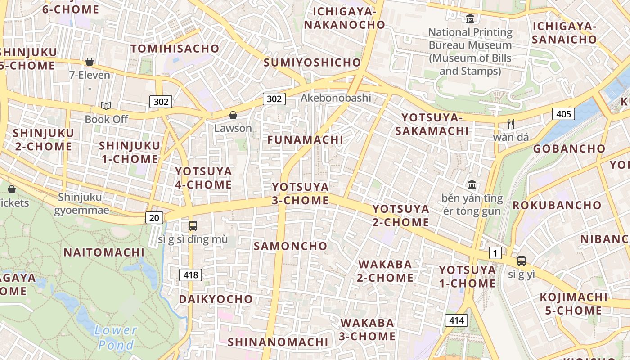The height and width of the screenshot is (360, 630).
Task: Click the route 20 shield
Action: coord(154,218)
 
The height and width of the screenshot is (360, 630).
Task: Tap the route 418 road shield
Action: coord(190,274)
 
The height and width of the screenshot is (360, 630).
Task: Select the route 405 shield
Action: coord(563,114)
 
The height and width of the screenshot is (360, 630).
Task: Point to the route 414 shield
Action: coord(456,320)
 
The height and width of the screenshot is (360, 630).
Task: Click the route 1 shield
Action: coord(495,253)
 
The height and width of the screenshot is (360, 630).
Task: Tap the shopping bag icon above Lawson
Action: coord(233,116)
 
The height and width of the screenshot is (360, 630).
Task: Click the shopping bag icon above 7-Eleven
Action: coord(90,62)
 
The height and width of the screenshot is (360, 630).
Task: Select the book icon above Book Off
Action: coord(106,106)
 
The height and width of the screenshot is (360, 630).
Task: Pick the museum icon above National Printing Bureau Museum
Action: coord(470,19)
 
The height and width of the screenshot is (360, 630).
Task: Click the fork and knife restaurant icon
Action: coord(510,124)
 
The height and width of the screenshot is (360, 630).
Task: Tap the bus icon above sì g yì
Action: coord(521,261)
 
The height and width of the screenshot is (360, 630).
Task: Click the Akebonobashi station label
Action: coord(336,98)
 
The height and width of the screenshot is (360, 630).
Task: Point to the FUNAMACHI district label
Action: coord(305,140)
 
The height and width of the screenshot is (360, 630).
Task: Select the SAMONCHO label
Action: coord(290,246)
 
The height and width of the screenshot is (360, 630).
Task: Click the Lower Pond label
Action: coord(116,337)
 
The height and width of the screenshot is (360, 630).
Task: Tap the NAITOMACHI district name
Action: coord(104,252)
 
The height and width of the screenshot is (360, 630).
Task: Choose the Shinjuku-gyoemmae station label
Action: coord(81,203)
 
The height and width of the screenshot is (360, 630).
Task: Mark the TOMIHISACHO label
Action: coord(175,49)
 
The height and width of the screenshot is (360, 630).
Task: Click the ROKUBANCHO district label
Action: coord(557,205)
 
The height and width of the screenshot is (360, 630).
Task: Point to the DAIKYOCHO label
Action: coord(216,299)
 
